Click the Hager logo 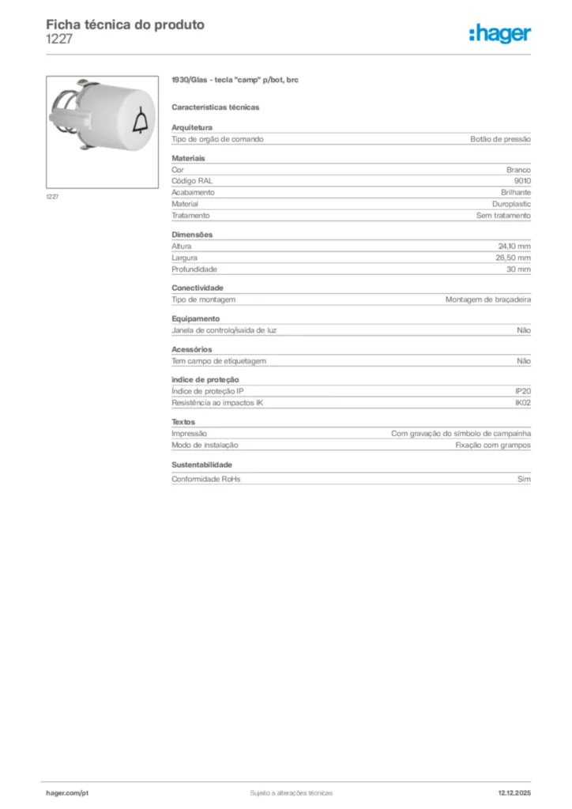click(x=501, y=33)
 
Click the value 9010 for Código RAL click(x=522, y=181)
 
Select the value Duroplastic click(x=511, y=204)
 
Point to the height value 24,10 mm click(x=514, y=246)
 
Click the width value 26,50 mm click(x=514, y=258)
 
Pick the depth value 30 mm click(x=519, y=269)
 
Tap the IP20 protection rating click(x=523, y=392)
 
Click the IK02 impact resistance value click(x=522, y=403)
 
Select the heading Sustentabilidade click(x=202, y=465)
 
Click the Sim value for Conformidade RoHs click(x=524, y=479)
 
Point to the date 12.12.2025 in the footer click(x=514, y=792)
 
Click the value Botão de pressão click(x=500, y=139)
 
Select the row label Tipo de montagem click(x=204, y=299)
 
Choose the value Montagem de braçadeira click(x=487, y=299)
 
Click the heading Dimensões click(x=192, y=235)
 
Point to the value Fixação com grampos click(x=493, y=445)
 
